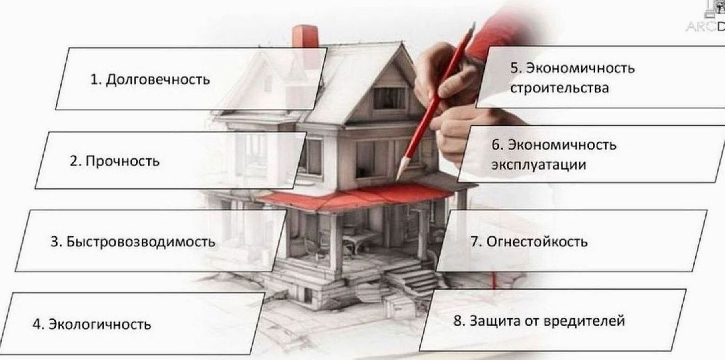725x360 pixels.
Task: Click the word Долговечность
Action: click(x=158, y=80)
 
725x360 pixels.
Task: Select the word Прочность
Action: click(x=122, y=161)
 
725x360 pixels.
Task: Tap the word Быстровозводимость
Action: click(x=141, y=242)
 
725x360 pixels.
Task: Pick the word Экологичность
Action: click(x=100, y=324)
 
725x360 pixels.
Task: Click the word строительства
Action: click(x=559, y=88)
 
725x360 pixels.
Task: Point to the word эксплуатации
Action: click(x=539, y=165)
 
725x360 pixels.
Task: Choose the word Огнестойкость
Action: click(x=537, y=242)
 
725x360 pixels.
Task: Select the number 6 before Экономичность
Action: click(x=496, y=145)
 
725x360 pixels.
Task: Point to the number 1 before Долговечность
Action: click(x=95, y=80)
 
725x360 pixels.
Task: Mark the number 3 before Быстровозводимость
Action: click(x=55, y=242)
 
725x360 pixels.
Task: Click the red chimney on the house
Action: click(x=305, y=37)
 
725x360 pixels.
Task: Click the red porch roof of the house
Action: click(x=356, y=196)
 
